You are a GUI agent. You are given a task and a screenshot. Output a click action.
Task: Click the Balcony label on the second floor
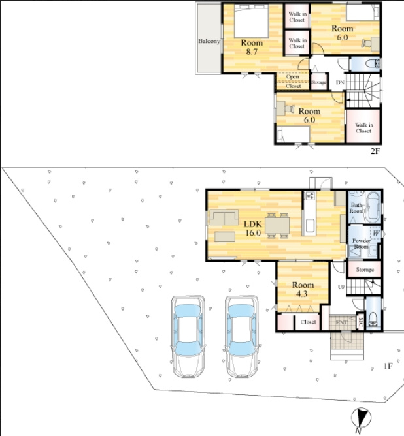[209, 41]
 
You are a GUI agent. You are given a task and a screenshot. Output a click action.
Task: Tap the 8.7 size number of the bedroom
[252, 52]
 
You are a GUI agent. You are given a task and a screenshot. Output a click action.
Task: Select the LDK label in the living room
[253, 224]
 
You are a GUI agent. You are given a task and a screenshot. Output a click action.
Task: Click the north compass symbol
[361, 419]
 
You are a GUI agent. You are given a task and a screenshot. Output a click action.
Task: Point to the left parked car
[188, 336]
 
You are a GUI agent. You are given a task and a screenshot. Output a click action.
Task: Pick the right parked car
[242, 336]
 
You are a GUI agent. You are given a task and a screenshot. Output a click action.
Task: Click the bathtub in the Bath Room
[373, 207]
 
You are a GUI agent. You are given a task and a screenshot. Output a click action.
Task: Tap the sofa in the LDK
[224, 217]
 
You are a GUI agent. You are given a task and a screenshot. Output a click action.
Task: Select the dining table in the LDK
[277, 226]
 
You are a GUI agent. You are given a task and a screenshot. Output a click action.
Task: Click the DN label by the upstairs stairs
[340, 82]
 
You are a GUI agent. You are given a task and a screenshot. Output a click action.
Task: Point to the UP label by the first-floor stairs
[341, 287]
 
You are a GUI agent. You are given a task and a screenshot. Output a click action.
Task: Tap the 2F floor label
[375, 151]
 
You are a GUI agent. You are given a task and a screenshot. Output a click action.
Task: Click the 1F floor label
[388, 366]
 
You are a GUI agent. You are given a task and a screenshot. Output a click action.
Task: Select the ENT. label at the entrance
[342, 322]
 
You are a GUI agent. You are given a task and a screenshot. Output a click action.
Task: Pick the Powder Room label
[361, 243]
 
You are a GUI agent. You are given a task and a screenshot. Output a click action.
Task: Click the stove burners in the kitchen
[310, 196]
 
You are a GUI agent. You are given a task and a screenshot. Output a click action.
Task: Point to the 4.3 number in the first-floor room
[302, 294]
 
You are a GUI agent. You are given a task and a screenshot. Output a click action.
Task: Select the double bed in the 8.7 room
[252, 21]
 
